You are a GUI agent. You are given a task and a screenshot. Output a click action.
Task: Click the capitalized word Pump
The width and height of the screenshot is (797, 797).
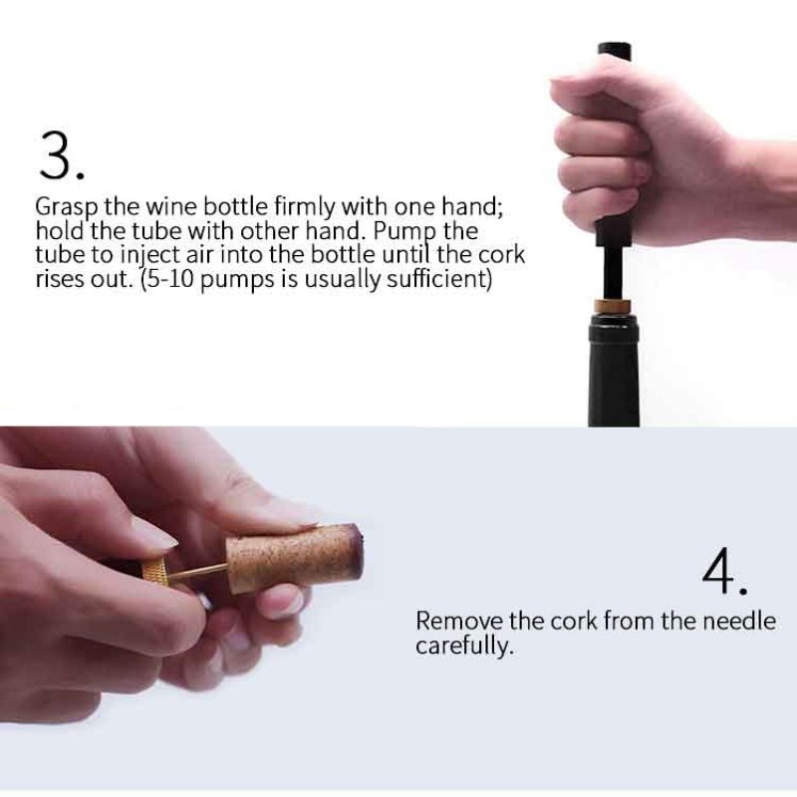click(x=410, y=232)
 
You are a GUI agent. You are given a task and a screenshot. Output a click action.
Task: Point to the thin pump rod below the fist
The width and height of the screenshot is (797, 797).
click(x=613, y=271)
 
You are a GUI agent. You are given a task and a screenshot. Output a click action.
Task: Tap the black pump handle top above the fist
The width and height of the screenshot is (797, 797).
click(x=614, y=55)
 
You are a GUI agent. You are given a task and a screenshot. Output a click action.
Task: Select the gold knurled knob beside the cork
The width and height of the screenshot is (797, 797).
click(x=155, y=574)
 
